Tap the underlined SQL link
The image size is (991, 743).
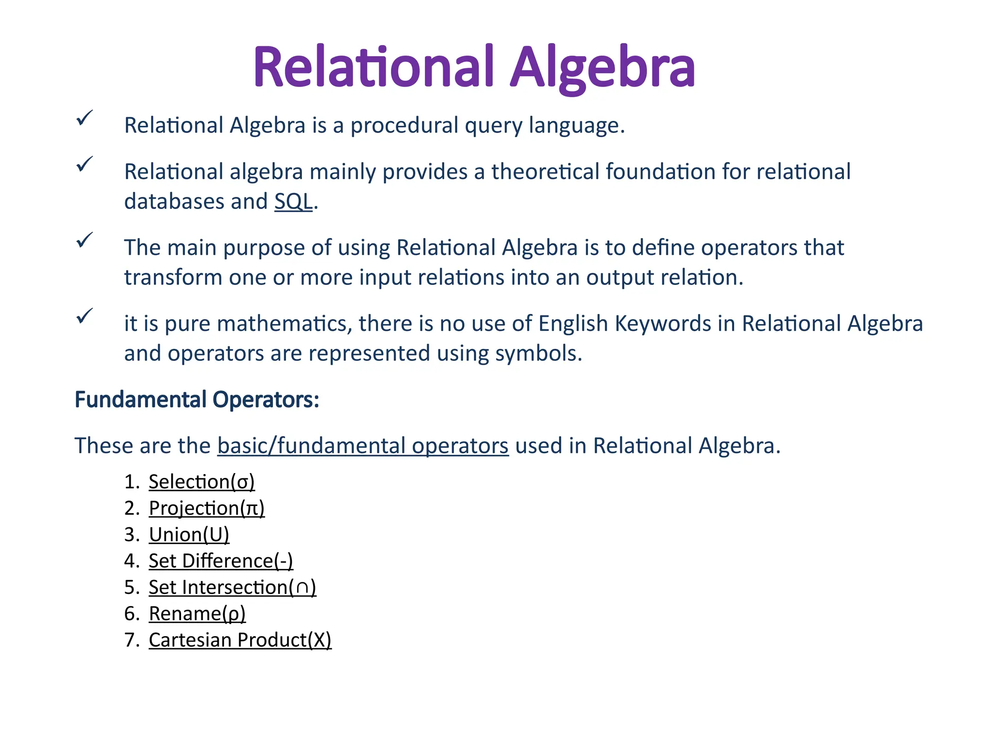tap(293, 202)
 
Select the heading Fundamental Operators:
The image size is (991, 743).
tap(197, 400)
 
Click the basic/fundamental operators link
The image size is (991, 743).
tap(363, 446)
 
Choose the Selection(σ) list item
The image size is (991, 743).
tap(201, 482)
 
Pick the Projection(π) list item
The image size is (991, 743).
tap(207, 508)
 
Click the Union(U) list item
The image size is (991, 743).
tap(189, 535)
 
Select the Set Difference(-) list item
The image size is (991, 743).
tap(221, 561)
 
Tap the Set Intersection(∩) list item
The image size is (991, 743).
tap(232, 587)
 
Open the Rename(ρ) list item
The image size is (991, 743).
tap(197, 614)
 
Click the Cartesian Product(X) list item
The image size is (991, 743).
tap(240, 640)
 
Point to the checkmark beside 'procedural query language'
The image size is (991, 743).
tap(84, 118)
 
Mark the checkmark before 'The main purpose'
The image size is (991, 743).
tap(84, 240)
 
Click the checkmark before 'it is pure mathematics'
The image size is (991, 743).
tap(84, 316)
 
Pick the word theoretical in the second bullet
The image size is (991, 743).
tap(545, 172)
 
